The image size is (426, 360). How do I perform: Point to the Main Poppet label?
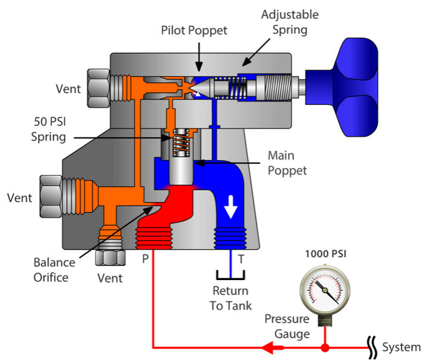[x=287, y=163]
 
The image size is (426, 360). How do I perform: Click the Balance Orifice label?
[x=54, y=269]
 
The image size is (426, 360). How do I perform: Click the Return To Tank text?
[x=231, y=298]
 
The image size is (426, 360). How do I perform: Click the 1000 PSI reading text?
[x=325, y=253]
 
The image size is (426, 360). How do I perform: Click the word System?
[x=401, y=347]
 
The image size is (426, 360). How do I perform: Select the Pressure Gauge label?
[x=287, y=326]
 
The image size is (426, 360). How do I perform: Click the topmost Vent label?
[x=68, y=89]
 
